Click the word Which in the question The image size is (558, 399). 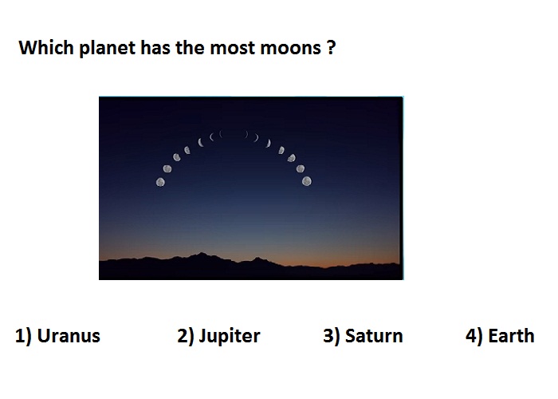(x=46, y=47)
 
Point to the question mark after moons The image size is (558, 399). (x=331, y=47)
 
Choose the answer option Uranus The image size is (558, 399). (x=69, y=336)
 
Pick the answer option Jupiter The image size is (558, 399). (x=230, y=337)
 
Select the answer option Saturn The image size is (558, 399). (x=374, y=336)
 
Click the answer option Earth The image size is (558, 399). (x=512, y=336)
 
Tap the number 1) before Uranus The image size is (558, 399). (x=23, y=336)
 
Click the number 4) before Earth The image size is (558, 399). (x=474, y=336)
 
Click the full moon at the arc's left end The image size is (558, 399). (x=160, y=182)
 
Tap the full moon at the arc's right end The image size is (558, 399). (x=307, y=181)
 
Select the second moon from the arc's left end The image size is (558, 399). (x=167, y=168)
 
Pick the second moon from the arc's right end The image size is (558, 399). (x=301, y=168)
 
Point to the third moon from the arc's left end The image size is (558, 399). (x=176, y=157)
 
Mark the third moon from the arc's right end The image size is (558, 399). (x=292, y=158)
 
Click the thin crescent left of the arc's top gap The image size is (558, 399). (x=221, y=134)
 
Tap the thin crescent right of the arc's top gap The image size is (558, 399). (x=246, y=134)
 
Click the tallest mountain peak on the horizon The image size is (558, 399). (x=202, y=253)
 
